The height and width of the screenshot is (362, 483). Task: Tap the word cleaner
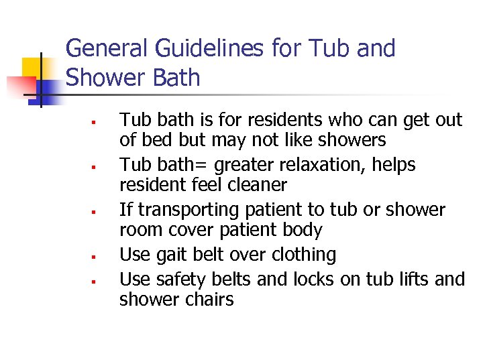pos(254,184)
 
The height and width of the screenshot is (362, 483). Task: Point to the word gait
pos(172,255)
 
